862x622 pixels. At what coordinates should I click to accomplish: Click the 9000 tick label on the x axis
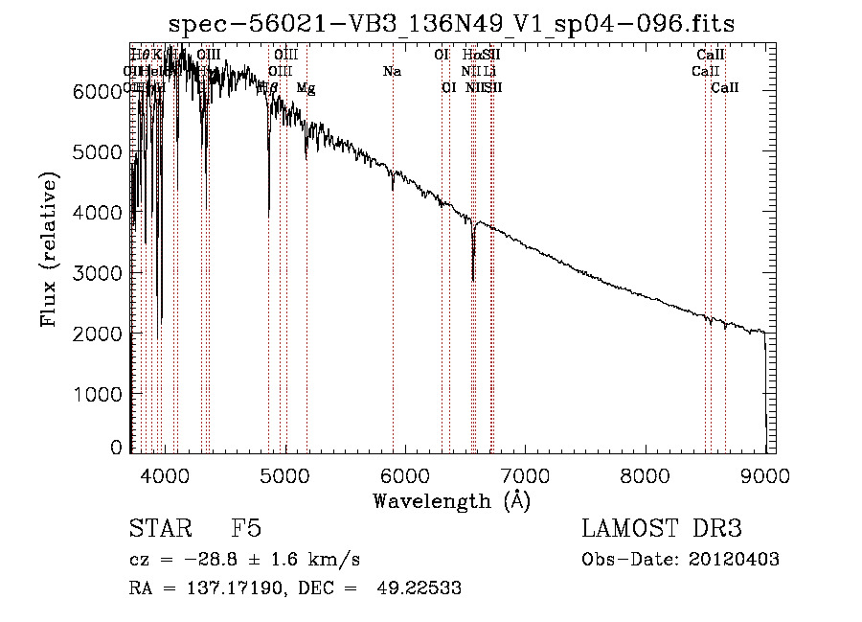click(765, 474)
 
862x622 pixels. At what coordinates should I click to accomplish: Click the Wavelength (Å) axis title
click(451, 499)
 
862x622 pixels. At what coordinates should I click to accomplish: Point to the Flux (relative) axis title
click(49, 249)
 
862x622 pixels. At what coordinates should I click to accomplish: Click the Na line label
click(391, 71)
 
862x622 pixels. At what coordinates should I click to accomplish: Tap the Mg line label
click(306, 88)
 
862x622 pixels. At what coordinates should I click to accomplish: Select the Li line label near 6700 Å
click(489, 71)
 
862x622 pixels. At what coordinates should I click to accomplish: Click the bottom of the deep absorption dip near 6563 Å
click(473, 280)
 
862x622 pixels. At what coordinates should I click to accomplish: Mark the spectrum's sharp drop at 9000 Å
click(765, 383)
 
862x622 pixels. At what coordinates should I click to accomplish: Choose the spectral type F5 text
click(245, 529)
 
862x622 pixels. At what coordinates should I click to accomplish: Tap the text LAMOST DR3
click(661, 529)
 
